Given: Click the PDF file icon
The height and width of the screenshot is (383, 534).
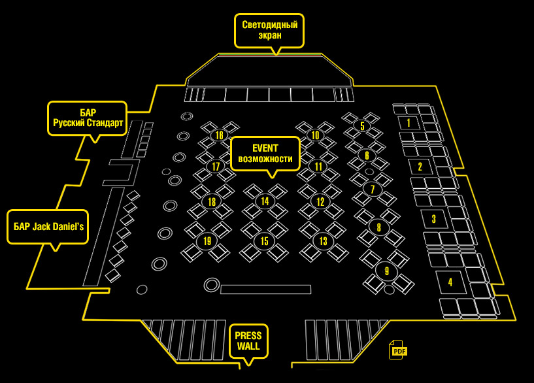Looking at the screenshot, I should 398,350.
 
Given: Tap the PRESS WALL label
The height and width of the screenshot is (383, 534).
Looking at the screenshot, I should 248,341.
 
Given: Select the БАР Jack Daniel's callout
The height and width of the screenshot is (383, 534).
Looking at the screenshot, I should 48,226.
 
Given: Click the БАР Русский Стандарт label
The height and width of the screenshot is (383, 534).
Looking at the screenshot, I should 88,118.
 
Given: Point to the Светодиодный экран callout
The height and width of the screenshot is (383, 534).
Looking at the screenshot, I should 269,30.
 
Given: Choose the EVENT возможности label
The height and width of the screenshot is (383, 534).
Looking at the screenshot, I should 265,154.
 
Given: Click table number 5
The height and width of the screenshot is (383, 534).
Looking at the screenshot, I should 363,125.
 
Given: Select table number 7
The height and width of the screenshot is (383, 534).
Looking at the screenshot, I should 373,190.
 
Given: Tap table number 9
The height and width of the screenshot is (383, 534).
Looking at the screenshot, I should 387,271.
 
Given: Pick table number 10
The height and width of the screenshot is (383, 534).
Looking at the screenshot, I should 316,135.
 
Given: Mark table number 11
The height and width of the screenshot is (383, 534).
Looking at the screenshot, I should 318,166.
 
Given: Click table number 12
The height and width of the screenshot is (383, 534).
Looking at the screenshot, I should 320,202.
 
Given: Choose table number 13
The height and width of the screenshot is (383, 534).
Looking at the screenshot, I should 323,241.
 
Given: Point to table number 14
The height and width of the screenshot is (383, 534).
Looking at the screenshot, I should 265,201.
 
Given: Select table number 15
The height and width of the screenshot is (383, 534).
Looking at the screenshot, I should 264,241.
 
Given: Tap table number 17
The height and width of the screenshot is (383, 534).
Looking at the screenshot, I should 216,167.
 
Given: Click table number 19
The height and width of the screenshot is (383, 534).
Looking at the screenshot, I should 207,241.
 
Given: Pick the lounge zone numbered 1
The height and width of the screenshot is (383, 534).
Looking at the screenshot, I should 409,122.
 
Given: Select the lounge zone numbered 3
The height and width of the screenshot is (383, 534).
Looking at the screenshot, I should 433,218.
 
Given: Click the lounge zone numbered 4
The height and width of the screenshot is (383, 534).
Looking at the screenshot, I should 450,283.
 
